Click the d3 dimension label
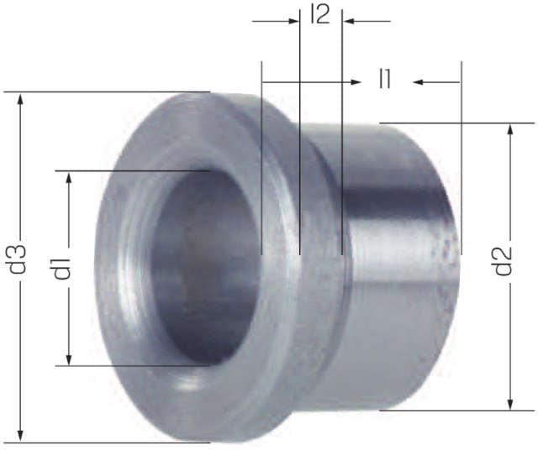18,259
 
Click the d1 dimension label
61,268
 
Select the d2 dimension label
503,261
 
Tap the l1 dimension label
385,79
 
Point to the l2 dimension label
320,14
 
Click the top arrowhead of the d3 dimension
20,99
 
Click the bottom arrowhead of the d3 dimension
20,435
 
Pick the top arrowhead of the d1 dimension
69,178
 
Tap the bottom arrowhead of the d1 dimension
69,358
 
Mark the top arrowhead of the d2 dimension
510,130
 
